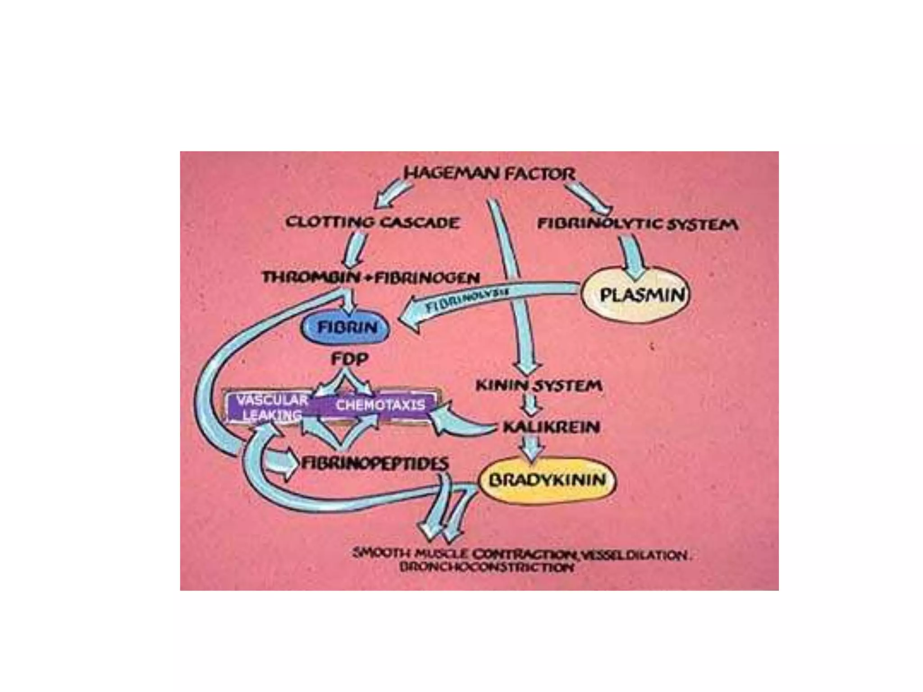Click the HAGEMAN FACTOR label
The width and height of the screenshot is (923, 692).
click(x=489, y=173)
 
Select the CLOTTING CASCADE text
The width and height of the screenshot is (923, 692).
click(x=372, y=222)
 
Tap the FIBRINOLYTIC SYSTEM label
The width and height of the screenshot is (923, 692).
click(x=637, y=224)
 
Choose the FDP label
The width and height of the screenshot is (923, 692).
click(x=350, y=359)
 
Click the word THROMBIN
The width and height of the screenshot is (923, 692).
click(x=311, y=277)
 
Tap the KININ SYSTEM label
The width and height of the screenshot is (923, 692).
click(x=539, y=386)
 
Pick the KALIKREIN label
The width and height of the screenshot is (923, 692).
click(x=551, y=427)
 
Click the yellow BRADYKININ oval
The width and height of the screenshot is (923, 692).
click(x=547, y=479)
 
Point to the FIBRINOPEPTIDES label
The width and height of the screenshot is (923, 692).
click(x=375, y=463)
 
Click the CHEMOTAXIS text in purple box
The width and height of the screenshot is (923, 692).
click(x=380, y=405)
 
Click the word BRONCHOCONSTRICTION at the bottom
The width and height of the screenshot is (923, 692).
click(x=487, y=567)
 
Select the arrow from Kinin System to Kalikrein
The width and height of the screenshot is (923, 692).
click(x=531, y=405)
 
